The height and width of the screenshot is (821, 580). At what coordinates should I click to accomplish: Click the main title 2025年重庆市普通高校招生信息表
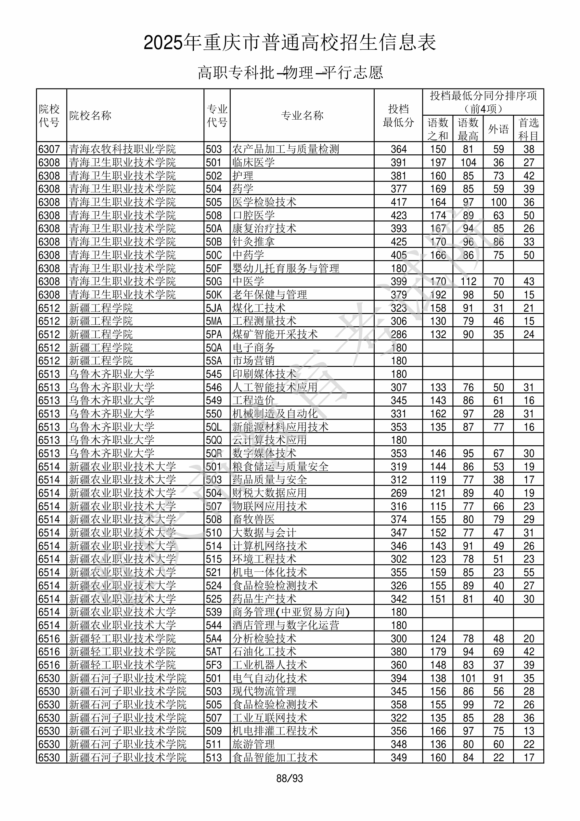(x=290, y=43)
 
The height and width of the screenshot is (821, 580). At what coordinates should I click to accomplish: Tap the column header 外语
(x=498, y=129)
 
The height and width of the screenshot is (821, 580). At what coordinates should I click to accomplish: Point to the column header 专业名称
(x=302, y=115)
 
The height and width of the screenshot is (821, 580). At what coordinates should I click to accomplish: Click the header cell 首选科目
(x=529, y=129)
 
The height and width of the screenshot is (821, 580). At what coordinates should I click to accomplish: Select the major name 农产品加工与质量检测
(x=285, y=149)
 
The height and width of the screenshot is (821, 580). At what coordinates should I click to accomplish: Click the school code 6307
(x=49, y=149)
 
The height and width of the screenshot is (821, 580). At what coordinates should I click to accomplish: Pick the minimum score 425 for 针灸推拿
(x=398, y=242)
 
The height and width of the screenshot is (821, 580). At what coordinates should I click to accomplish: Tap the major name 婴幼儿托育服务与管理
(x=285, y=268)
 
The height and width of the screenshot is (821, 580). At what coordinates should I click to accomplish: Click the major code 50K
(x=214, y=295)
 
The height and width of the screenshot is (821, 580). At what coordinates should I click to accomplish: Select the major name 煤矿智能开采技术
(x=275, y=334)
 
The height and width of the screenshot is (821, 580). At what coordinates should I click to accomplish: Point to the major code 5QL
(x=214, y=427)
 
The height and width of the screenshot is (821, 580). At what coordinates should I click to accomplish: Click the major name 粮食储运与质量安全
(x=280, y=467)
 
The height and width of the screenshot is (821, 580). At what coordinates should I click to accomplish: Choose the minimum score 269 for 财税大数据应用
(x=398, y=493)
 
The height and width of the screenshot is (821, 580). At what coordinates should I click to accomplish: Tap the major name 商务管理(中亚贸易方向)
(x=291, y=612)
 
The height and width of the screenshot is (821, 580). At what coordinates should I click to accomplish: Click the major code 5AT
(x=214, y=652)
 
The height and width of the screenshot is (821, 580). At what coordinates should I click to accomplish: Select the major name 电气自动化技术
(x=269, y=678)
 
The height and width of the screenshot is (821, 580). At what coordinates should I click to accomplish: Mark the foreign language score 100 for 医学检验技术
(x=498, y=202)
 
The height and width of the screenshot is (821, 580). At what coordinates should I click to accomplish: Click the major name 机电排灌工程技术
(x=275, y=731)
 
